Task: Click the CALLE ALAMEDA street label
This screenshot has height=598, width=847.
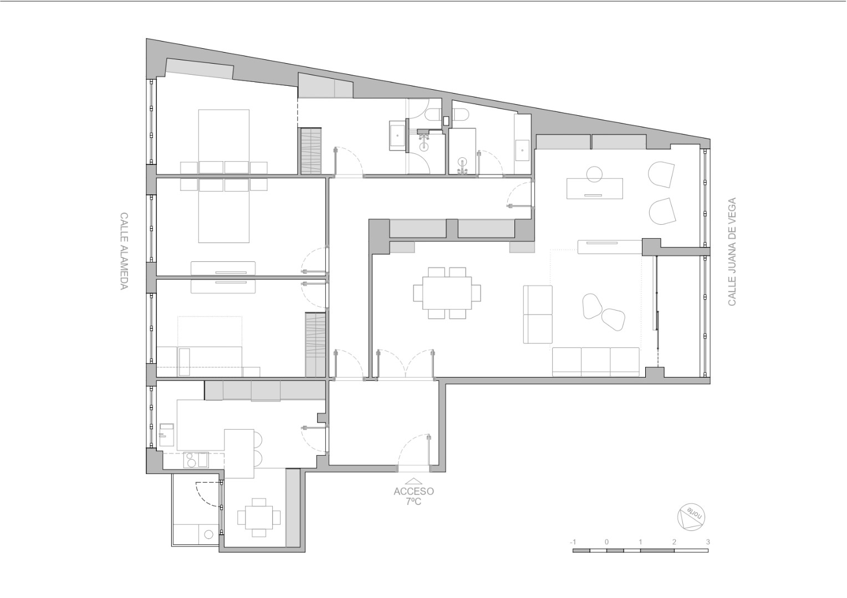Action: click(x=124, y=251)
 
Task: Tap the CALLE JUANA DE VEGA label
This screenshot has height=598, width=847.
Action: click(x=732, y=251)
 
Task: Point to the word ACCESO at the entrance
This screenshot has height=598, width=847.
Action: click(x=414, y=492)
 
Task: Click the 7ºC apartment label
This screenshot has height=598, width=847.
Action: click(x=414, y=502)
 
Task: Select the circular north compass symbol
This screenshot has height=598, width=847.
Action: click(x=691, y=517)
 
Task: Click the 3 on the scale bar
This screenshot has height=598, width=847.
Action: click(x=708, y=542)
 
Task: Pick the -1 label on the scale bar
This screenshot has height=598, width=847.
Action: click(x=573, y=542)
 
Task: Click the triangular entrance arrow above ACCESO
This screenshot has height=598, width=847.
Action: click(x=414, y=481)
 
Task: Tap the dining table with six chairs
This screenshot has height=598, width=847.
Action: click(x=447, y=293)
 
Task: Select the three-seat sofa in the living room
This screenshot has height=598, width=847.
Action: click(x=596, y=362)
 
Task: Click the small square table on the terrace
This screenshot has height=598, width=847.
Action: click(x=259, y=518)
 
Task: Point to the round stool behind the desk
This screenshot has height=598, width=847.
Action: click(x=594, y=174)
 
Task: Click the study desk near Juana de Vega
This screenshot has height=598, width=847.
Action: click(x=594, y=188)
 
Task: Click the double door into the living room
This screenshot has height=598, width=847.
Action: click(x=405, y=363)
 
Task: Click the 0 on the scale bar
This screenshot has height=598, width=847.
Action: click(x=606, y=542)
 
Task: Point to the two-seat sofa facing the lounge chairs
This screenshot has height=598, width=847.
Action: click(x=538, y=315)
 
